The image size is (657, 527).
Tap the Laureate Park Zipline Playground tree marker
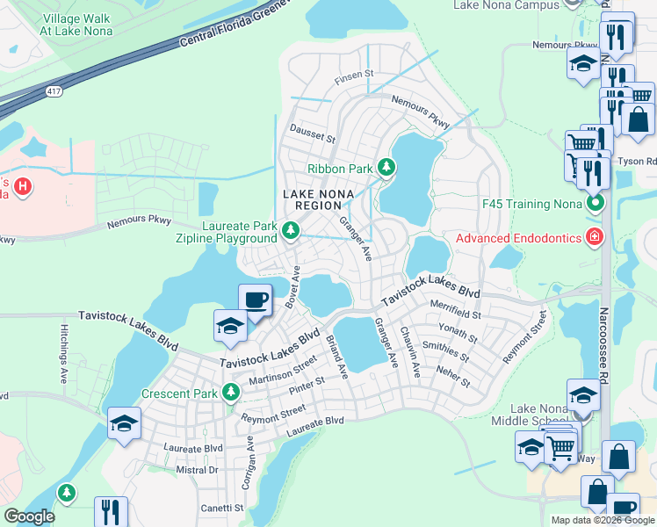[x=292, y=231]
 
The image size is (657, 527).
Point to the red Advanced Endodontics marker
[x=595, y=238]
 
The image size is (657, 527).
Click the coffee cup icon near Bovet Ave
[x=255, y=300]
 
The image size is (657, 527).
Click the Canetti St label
[x=220, y=508]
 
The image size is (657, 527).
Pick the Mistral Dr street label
[x=196, y=470]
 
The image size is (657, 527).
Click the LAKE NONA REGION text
[x=311, y=199]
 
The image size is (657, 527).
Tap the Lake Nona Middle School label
[x=544, y=415]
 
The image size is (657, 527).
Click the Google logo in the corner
[x=30, y=516]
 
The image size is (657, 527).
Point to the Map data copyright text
[x=603, y=520]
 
